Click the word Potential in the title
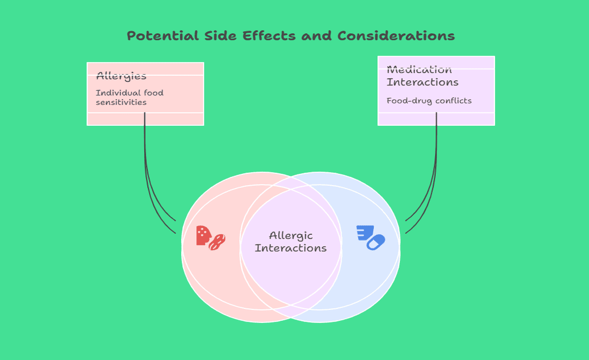pyautogui.click(x=163, y=36)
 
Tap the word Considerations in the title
pyautogui.click(x=396, y=36)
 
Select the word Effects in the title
pyautogui.click(x=269, y=36)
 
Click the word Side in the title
pyautogui.click(x=220, y=36)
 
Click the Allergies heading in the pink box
pyautogui.click(x=121, y=76)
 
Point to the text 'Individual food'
pyautogui.click(x=129, y=93)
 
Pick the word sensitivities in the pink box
pyautogui.click(x=121, y=102)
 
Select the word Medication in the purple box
pyautogui.click(x=419, y=70)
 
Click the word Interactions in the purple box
pyautogui.click(x=423, y=82)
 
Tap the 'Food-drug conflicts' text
pyautogui.click(x=429, y=101)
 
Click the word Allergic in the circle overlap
pyautogui.click(x=291, y=236)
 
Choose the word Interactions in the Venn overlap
pyautogui.click(x=291, y=248)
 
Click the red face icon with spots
pyautogui.click(x=203, y=236)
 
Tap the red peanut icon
pyautogui.click(x=217, y=242)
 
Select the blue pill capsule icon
pyautogui.click(x=376, y=242)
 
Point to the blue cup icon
pyautogui.click(x=365, y=232)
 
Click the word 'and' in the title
pyautogui.click(x=316, y=36)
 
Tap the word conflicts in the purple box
pyautogui.click(x=454, y=101)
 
